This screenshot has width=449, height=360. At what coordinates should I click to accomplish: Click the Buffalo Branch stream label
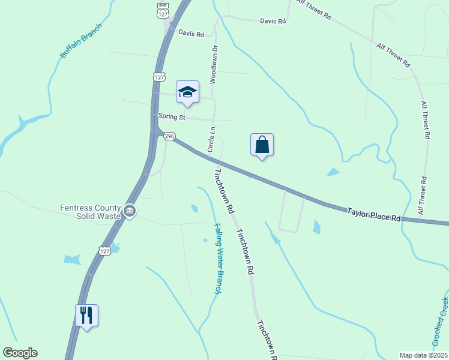point(81,41)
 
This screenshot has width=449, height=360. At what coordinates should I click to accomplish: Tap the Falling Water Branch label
point(218,258)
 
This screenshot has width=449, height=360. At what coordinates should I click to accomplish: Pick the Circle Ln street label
point(211,139)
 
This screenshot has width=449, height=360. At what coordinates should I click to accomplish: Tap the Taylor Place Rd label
point(373,214)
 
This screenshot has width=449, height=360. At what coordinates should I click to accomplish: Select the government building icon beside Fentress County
point(130,211)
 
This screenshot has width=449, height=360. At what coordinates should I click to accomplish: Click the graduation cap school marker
point(187,92)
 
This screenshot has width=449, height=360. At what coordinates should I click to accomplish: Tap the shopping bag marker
point(262,145)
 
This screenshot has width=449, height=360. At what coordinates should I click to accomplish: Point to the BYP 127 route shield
point(162,10)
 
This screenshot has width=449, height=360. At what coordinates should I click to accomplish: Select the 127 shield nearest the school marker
point(158,77)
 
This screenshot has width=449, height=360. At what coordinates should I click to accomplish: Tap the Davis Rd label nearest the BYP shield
point(191,34)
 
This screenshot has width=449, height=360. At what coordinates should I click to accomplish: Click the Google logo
point(20,353)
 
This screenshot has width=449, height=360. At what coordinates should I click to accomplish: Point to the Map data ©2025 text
point(423,355)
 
